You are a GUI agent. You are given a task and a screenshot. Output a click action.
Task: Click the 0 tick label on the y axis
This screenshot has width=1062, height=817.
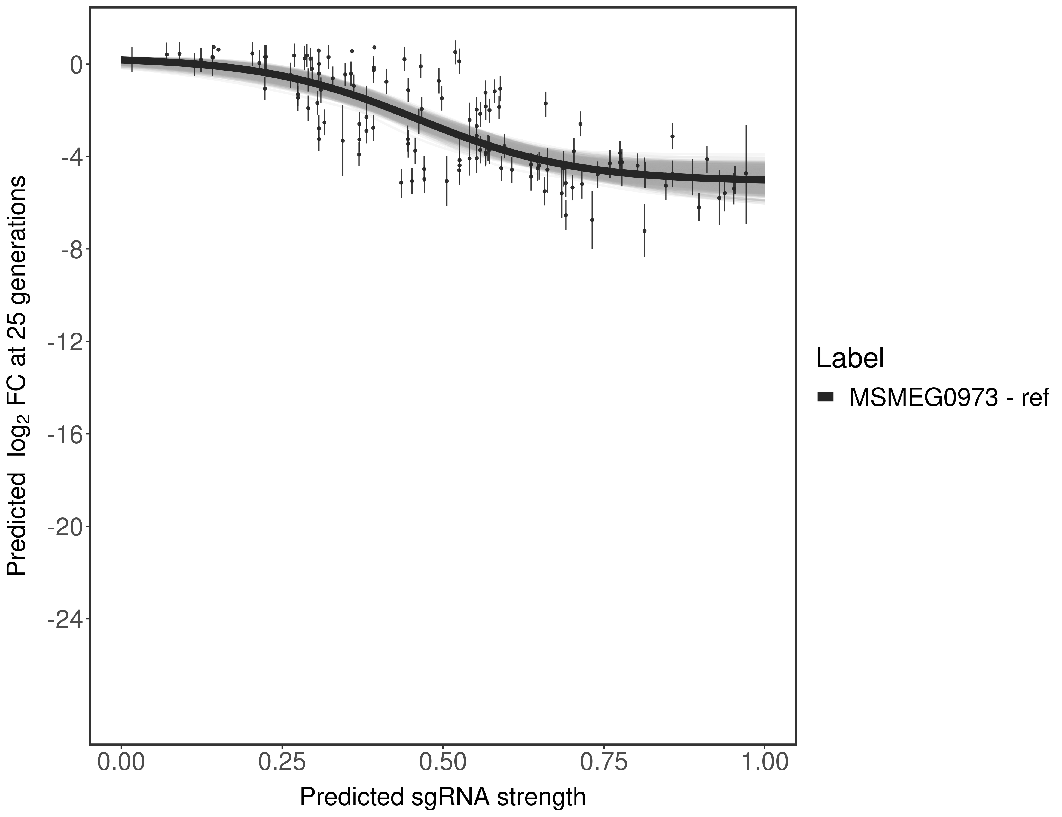pos(76,65)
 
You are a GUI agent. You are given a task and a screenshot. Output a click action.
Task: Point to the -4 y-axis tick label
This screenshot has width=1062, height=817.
pos(69,157)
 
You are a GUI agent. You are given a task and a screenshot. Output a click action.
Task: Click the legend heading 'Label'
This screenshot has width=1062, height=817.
pos(850,358)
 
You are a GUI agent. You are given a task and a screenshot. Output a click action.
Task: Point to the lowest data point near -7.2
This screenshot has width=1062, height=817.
pos(644,231)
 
